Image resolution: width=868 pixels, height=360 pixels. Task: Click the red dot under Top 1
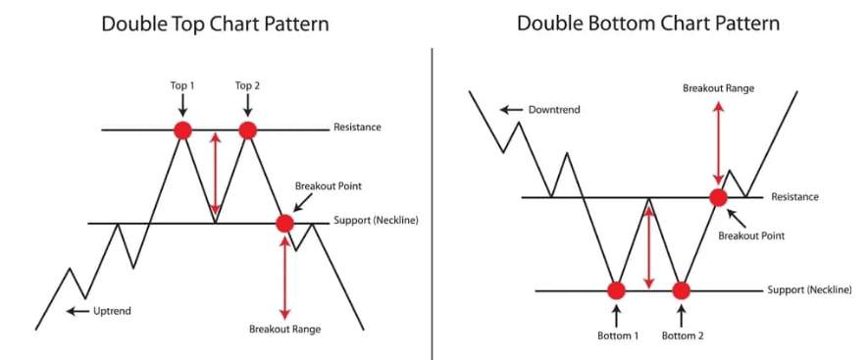181,129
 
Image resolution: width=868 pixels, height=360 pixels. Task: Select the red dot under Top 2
247,129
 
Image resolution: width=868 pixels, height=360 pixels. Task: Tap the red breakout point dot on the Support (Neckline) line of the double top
284,224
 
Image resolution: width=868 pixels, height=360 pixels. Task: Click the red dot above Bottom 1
616,290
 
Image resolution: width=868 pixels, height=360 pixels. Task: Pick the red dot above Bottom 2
682,290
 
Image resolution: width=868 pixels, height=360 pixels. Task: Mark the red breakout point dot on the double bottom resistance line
719,197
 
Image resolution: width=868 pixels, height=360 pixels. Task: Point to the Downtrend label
554,109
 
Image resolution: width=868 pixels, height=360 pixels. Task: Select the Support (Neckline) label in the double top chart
376,221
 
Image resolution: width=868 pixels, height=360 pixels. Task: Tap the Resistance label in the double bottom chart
795,197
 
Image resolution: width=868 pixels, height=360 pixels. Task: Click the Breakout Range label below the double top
284,330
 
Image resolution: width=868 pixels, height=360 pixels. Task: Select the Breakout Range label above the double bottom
718,88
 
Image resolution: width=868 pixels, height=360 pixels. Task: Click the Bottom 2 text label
682,335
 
